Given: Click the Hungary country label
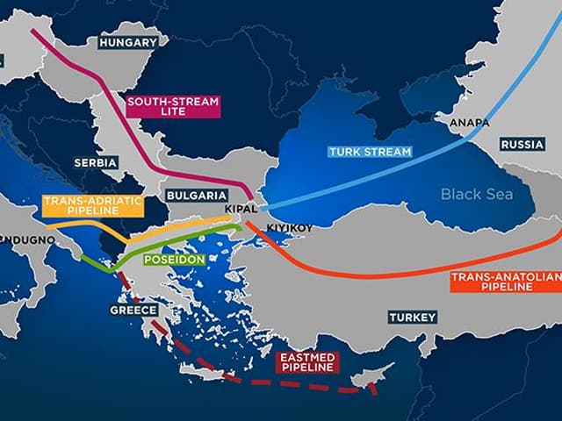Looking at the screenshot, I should coord(128,41).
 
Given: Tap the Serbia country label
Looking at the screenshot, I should coord(97,163).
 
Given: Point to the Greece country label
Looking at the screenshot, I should coord(133,310).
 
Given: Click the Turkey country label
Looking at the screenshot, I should coord(412,317).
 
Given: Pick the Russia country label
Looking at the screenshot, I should coord(522,144).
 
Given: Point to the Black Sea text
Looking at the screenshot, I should coord(475,194).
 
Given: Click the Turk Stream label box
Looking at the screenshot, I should coord(370,152).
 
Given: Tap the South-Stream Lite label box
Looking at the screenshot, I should coord(172,107).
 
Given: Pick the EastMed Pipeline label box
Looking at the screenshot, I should coord(307,362).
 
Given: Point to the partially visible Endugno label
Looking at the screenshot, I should coord(18,238).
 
